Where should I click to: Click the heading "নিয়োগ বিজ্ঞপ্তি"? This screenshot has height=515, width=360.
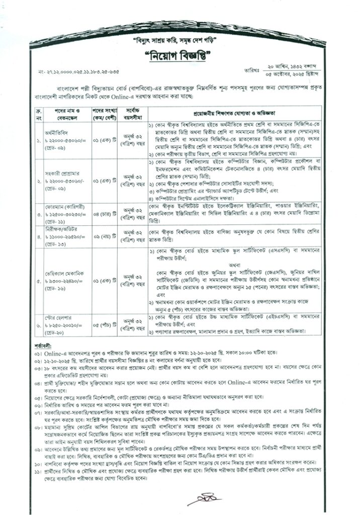[x=179, y=55]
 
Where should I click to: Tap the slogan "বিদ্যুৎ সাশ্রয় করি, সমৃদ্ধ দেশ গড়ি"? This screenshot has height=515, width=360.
[x=179, y=39]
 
